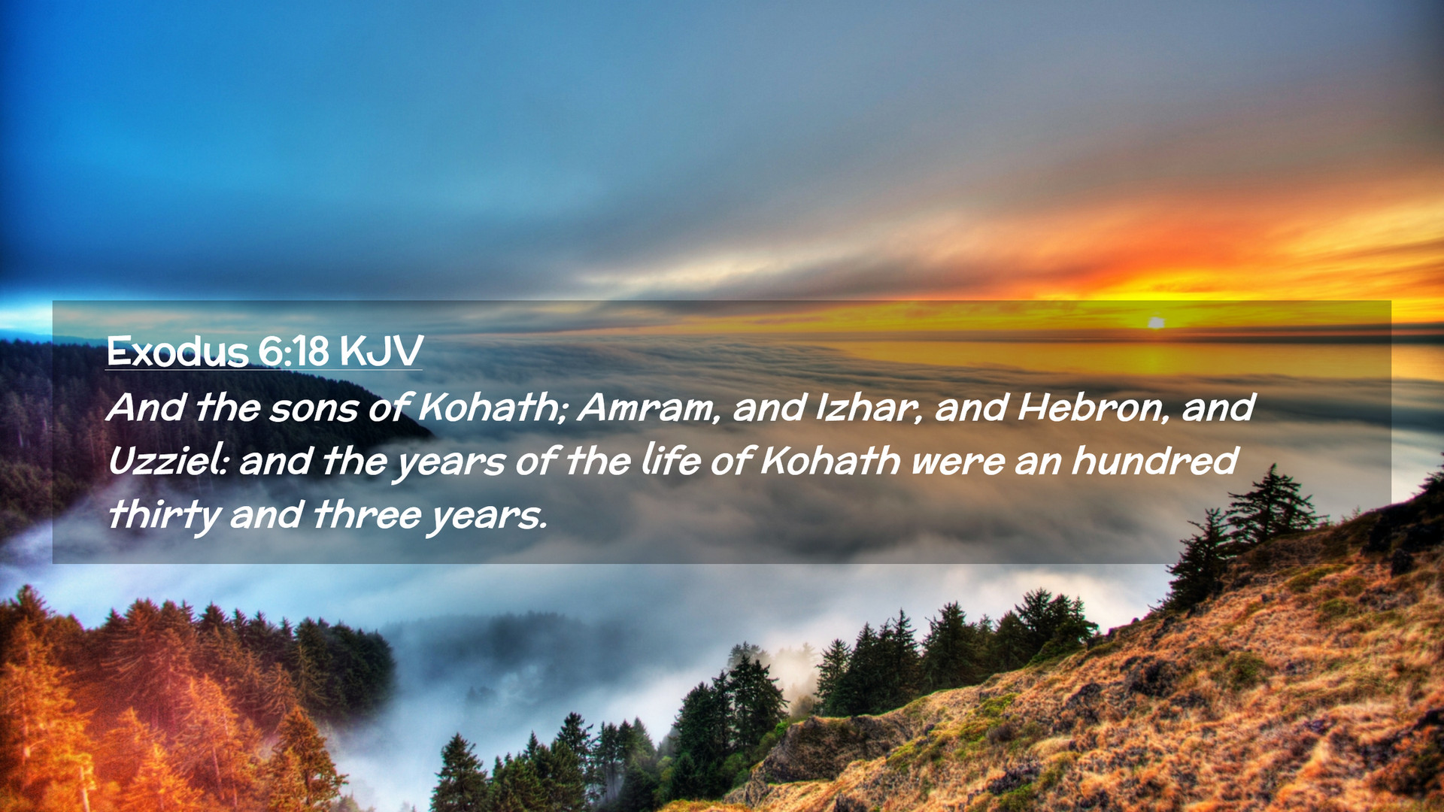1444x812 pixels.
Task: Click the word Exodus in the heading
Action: [x=177, y=351]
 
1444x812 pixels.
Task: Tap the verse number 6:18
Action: [x=293, y=351]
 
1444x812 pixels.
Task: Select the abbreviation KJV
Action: [x=381, y=351]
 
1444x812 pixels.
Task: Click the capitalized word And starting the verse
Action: [x=147, y=408]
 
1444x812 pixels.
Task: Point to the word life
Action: [x=671, y=460]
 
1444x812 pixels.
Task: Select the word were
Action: [x=957, y=463]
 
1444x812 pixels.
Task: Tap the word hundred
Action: [x=1154, y=460]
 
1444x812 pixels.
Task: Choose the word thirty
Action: [x=164, y=516]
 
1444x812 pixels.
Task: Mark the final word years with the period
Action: [x=487, y=518]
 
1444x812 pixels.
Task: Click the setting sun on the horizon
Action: [x=1156, y=323]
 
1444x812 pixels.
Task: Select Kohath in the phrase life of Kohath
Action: [x=830, y=460]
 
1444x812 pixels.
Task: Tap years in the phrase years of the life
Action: [x=450, y=465]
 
